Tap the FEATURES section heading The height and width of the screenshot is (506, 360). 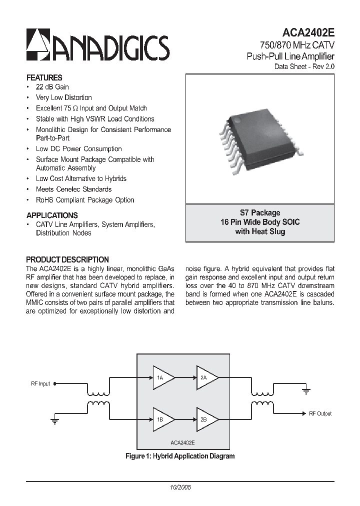[44, 77]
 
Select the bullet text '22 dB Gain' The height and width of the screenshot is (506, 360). [52, 87]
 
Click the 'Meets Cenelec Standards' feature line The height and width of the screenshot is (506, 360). [73, 189]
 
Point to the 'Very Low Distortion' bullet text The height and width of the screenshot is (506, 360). [63, 97]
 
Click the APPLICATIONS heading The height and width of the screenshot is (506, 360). [51, 215]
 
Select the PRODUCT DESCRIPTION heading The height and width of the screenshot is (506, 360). [67, 259]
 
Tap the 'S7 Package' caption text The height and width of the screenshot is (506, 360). [260, 212]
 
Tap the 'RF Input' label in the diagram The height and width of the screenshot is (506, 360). [40, 383]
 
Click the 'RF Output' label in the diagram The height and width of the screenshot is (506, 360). [320, 413]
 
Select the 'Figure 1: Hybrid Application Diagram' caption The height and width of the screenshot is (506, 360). [179, 456]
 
